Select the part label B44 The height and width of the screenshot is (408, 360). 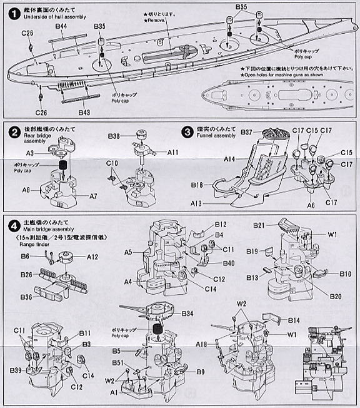(61, 28)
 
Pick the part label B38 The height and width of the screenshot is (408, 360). (114, 136)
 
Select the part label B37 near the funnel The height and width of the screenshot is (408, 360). (246, 132)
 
